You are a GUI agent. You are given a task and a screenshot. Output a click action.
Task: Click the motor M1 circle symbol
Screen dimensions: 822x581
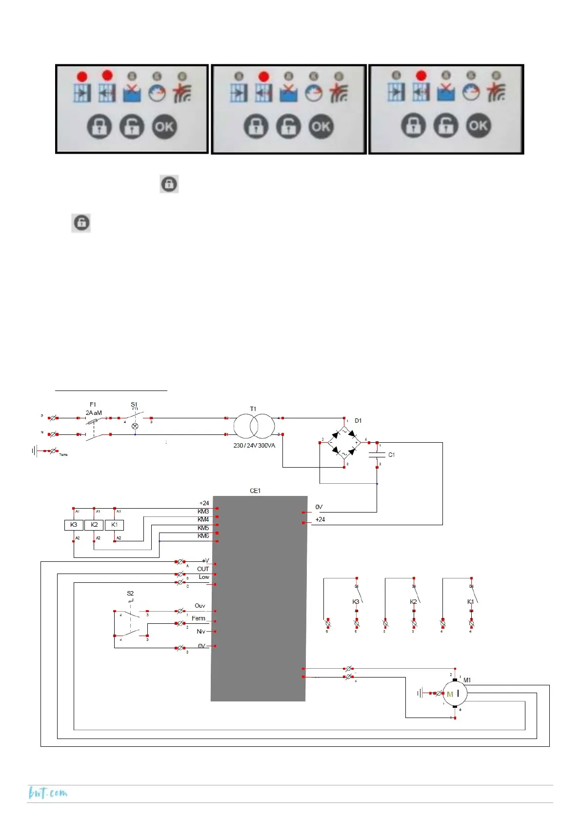[454, 693]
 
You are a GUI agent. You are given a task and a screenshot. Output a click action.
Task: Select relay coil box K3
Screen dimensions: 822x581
[74, 525]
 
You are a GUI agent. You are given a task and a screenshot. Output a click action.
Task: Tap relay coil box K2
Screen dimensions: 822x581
[94, 525]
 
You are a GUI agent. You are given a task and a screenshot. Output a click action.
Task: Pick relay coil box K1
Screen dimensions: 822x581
[115, 525]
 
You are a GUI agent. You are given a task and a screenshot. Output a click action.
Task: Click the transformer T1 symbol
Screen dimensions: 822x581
[254, 426]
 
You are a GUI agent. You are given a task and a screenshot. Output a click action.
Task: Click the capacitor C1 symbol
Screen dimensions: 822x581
[377, 455]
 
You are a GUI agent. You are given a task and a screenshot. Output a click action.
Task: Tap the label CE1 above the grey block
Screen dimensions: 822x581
[255, 491]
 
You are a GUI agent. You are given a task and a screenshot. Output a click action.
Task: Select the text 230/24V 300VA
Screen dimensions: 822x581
[254, 446]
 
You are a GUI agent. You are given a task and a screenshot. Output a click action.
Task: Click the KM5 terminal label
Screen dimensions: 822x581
[203, 528]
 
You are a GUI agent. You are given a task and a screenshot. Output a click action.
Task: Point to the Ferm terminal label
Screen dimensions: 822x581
[198, 618]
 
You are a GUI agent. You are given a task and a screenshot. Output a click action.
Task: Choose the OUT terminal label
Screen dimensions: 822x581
[203, 569]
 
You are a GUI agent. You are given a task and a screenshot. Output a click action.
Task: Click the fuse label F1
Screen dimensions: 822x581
[93, 405]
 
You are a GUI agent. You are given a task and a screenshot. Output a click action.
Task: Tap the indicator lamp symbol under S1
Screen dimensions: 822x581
[135, 426]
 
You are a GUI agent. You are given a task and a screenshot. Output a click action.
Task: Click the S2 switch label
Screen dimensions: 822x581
[130, 594]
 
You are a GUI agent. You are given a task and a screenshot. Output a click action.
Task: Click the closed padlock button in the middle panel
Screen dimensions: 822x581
[256, 127]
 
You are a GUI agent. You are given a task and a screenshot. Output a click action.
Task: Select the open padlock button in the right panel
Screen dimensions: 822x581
[446, 126]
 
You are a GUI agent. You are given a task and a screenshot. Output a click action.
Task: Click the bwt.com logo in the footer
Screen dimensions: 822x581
[48, 793]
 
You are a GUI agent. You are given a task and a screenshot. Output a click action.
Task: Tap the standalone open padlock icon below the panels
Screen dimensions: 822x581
[81, 223]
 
